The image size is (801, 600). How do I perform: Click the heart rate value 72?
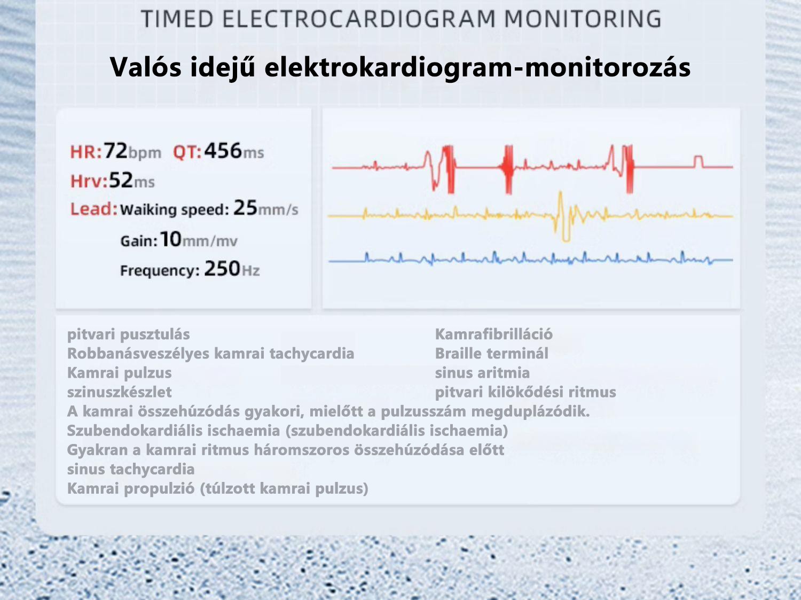tap(115, 151)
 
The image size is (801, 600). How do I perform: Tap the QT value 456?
tap(223, 151)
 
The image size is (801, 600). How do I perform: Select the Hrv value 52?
tap(121, 181)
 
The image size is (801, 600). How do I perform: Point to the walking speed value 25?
tap(245, 208)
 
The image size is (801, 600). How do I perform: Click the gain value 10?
tap(171, 239)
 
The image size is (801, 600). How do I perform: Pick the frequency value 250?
tap(222, 269)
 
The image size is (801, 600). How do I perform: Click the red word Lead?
tap(93, 209)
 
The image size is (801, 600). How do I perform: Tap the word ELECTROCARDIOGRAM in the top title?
tap(359, 20)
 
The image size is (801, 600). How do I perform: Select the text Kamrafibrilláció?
tap(493, 334)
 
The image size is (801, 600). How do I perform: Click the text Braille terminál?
tap(491, 354)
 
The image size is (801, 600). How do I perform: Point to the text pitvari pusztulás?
tap(128, 334)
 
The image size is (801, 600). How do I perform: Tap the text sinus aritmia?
tap(482, 373)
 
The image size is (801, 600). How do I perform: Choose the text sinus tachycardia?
tap(131, 469)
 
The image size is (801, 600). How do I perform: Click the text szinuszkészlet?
tap(120, 392)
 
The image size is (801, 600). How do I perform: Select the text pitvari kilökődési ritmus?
tap(525, 392)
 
